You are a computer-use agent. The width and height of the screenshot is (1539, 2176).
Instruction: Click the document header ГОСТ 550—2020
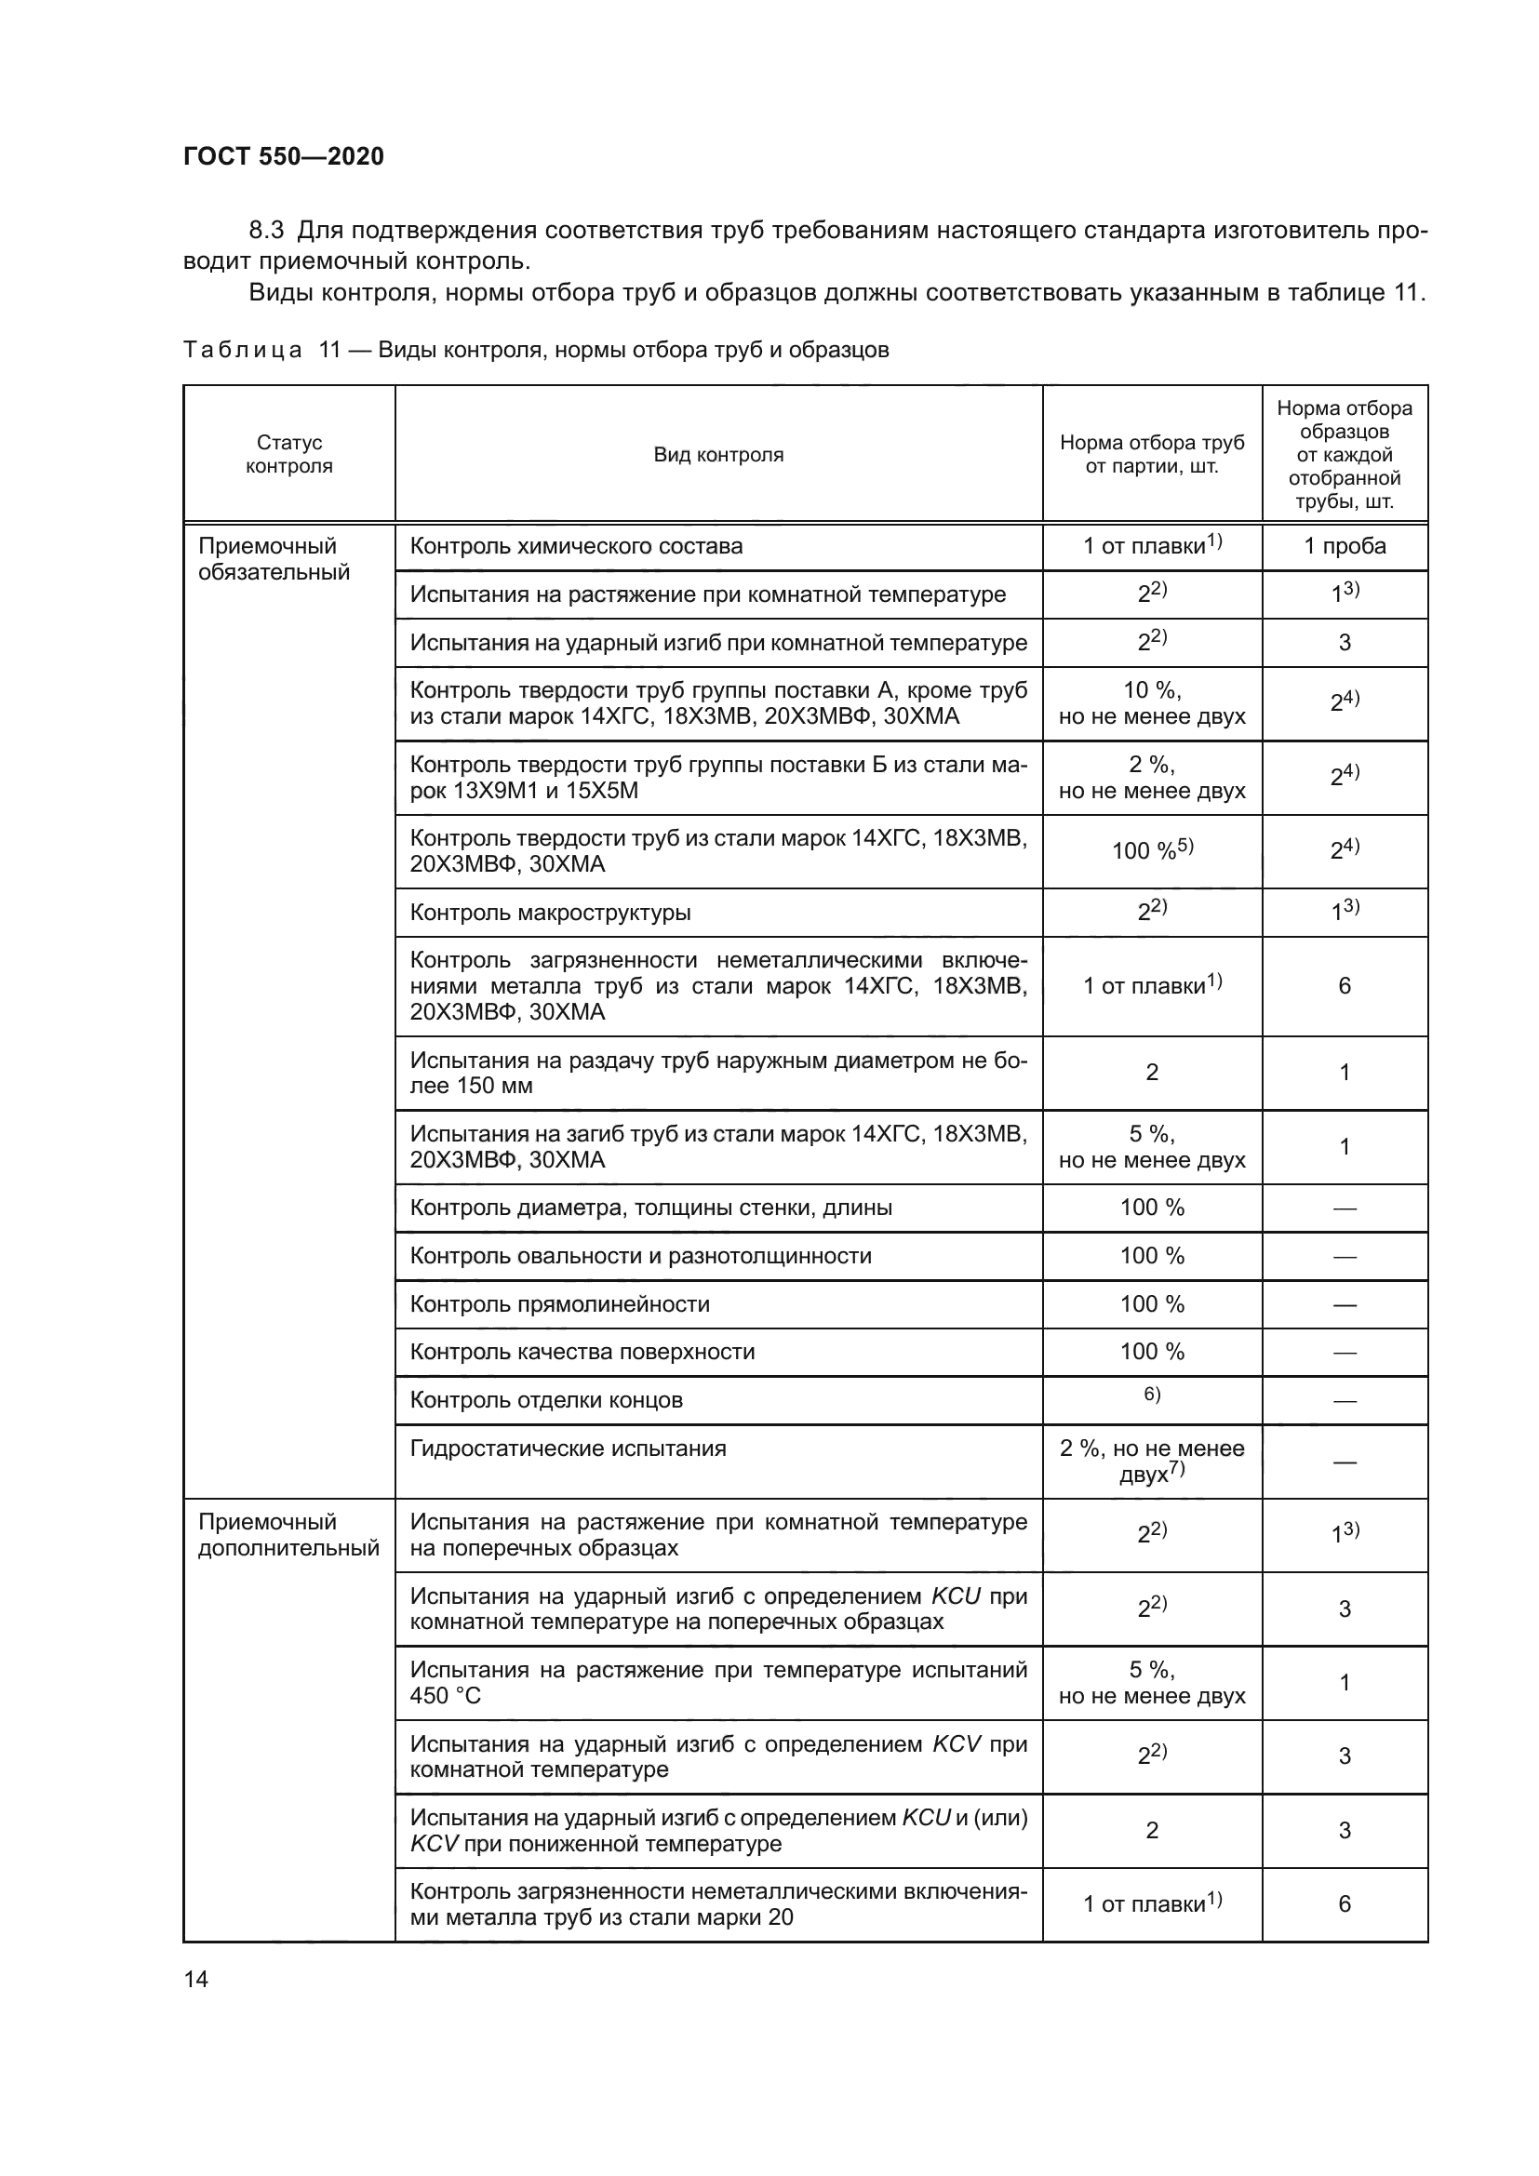tap(284, 156)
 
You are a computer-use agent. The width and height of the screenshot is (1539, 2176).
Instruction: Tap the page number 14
tap(196, 1979)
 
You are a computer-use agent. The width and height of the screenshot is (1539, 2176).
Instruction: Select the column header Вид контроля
tap(718, 455)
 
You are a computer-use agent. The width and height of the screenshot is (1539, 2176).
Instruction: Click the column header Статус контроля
tap(289, 455)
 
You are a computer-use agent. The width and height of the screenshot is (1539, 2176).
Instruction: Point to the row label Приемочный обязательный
tap(273, 559)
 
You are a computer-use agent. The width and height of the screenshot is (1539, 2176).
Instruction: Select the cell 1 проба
tap(1344, 547)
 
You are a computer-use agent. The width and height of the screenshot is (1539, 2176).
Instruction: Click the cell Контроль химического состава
tap(576, 547)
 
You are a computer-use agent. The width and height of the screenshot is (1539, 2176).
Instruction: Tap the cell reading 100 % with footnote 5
tap(1151, 850)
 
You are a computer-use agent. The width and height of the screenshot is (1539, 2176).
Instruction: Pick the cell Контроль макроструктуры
tap(550, 913)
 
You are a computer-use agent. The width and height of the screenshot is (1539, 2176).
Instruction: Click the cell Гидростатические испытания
tap(568, 1448)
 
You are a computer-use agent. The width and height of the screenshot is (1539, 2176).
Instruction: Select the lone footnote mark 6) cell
tap(1151, 1395)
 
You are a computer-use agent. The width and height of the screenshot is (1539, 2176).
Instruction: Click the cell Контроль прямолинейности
tap(559, 1304)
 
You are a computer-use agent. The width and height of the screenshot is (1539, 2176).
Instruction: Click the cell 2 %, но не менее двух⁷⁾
tap(1151, 1462)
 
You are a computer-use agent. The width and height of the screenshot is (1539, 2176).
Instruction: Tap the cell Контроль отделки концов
tap(546, 1401)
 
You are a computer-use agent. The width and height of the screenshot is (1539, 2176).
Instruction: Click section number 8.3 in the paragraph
tap(266, 231)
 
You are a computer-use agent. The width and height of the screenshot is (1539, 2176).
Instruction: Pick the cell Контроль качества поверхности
tap(582, 1353)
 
